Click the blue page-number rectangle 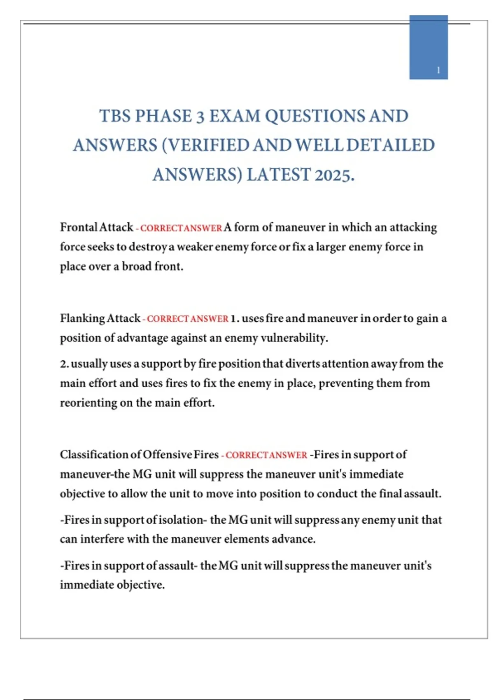coord(428,47)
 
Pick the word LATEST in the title coord(278,175)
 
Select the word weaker coord(194,247)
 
